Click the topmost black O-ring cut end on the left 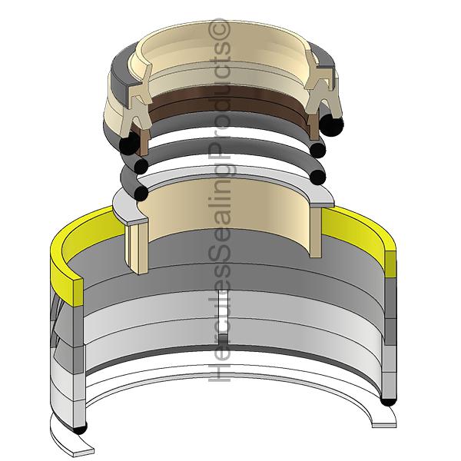(128, 144)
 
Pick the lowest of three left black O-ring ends (141, 191)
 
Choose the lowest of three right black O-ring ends (318, 177)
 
